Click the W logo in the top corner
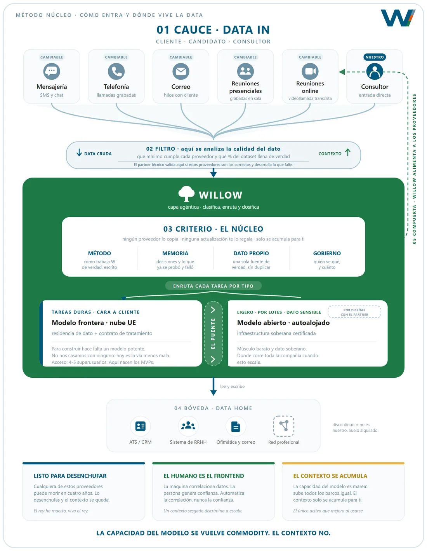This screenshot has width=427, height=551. [x=398, y=18]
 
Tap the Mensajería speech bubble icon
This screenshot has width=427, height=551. [x=52, y=71]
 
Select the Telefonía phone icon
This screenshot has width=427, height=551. [x=116, y=71]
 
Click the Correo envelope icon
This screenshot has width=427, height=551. [x=181, y=71]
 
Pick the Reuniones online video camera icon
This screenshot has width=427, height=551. [x=310, y=71]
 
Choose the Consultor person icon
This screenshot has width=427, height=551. [x=375, y=71]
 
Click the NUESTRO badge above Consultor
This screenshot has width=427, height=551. [x=375, y=57]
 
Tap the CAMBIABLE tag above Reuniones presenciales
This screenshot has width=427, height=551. [x=245, y=57]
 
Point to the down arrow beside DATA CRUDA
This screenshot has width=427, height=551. [x=79, y=152]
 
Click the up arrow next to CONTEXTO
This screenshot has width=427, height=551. [x=348, y=152]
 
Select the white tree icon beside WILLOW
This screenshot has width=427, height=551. [x=186, y=194]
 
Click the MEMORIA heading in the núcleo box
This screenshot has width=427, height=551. [x=175, y=253]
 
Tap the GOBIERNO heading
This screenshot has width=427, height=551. [x=327, y=253]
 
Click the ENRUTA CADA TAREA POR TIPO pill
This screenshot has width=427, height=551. [x=213, y=286]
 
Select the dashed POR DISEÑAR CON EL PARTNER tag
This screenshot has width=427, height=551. [x=354, y=312]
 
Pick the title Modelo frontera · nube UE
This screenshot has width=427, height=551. [x=94, y=323]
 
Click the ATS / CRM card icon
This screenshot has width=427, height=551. [x=140, y=426]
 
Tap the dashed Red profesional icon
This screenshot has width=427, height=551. [x=284, y=426]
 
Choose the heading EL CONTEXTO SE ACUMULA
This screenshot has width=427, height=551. [x=330, y=476]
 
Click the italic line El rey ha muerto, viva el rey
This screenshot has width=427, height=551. [x=61, y=511]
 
